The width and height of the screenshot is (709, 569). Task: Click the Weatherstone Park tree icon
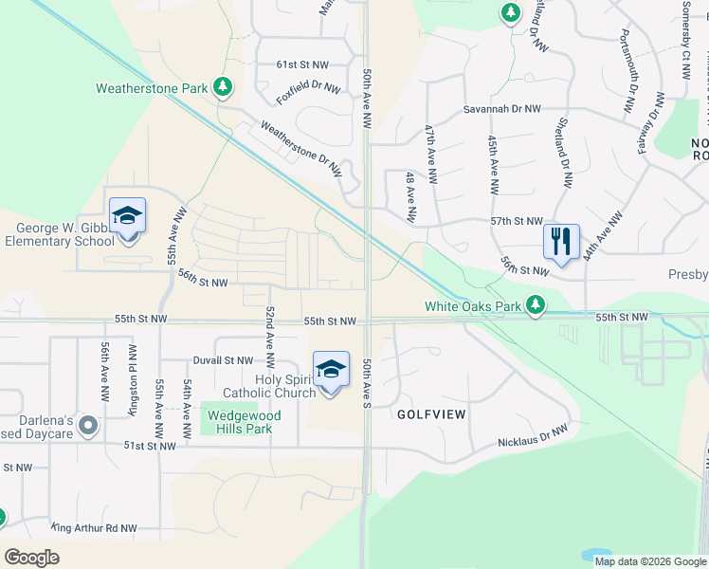pos(223,88)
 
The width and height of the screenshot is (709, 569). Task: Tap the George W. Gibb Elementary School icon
pos(126,217)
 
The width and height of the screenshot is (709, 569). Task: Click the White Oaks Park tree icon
pos(536,305)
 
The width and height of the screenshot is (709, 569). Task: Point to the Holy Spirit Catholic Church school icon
pos(331,369)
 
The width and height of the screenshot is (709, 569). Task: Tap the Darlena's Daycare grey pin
pos(88,426)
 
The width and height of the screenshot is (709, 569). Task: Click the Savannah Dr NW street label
pos(501,109)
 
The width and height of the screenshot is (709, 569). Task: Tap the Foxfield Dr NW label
pos(308,92)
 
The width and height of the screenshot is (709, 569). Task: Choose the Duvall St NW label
pos(222,360)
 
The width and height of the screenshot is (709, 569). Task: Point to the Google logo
pos(32,558)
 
